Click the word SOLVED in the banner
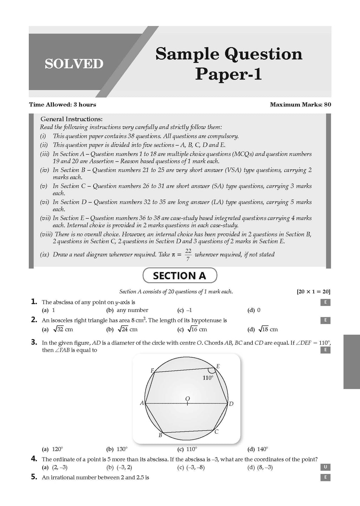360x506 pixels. pos(74,64)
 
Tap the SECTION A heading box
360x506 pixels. pos(180,275)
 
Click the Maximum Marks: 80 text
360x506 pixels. pos(300,104)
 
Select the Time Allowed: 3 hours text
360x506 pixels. pos(62,104)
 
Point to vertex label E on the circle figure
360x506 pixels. pos(218,366)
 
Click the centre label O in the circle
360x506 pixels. pos(187,398)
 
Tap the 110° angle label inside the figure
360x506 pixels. pos(208,378)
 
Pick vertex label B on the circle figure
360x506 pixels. pos(160,435)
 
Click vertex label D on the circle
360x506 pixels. pos(231,404)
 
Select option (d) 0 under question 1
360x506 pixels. pos(254,310)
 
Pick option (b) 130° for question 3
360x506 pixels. pos(117,449)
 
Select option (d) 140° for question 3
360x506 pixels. pos(258,449)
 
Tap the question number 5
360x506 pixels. pos(34,477)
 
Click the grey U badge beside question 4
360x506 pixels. pos(326,467)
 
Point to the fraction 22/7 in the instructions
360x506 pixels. pos(188,254)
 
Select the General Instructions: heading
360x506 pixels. pos(71,119)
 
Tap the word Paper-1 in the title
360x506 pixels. pos(229,74)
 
